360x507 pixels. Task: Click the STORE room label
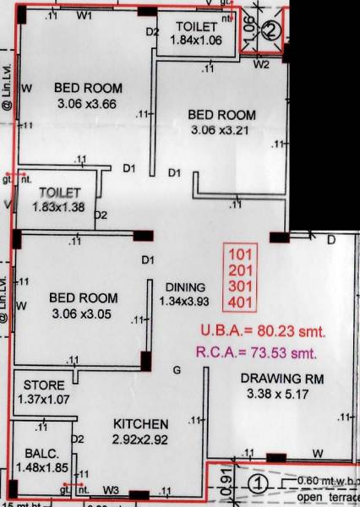[44, 384]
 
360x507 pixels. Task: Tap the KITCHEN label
[141, 423]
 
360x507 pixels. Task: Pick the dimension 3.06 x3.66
[89, 104]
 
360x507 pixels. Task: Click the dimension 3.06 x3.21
[221, 130]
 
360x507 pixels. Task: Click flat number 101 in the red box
[241, 252]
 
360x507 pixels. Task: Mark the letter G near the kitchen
[177, 369]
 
